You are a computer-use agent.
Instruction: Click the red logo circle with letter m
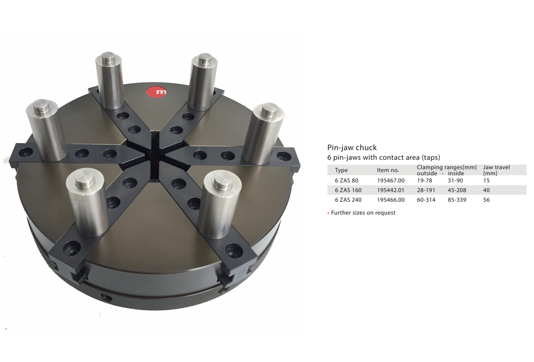(x=157, y=91)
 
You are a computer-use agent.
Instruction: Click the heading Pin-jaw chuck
(x=352, y=148)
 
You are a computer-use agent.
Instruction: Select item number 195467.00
(x=391, y=180)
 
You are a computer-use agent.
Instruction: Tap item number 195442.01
(x=391, y=190)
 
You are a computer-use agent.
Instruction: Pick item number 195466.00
(x=391, y=200)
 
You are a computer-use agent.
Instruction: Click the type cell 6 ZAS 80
(x=347, y=180)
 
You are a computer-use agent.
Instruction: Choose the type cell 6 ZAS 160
(x=348, y=190)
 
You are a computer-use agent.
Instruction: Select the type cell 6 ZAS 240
(x=348, y=200)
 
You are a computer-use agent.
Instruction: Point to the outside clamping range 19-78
(x=425, y=180)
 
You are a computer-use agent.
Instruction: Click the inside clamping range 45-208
(x=457, y=190)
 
